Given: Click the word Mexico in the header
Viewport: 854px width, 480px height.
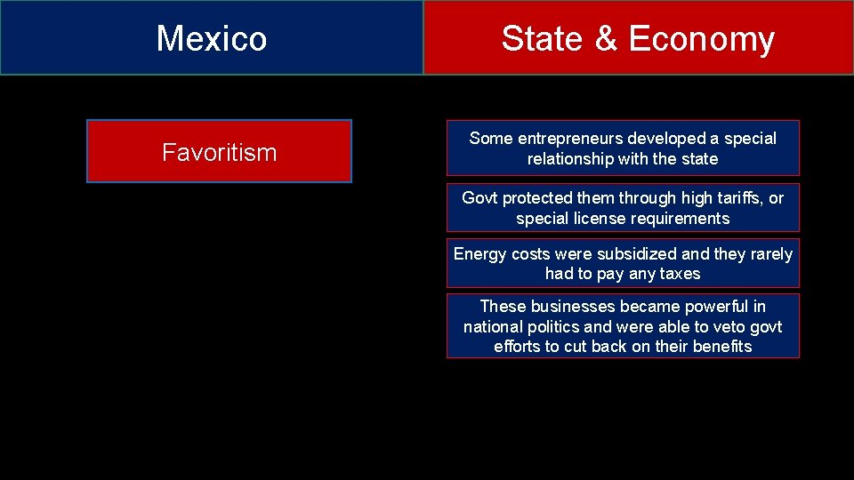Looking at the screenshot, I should pyautogui.click(x=212, y=38).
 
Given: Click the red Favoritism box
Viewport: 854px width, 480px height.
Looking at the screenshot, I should pyautogui.click(x=219, y=152).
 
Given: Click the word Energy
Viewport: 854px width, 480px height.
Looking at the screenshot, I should pyautogui.click(x=479, y=254).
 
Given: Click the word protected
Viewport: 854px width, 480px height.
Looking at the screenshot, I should pyautogui.click(x=543, y=198).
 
